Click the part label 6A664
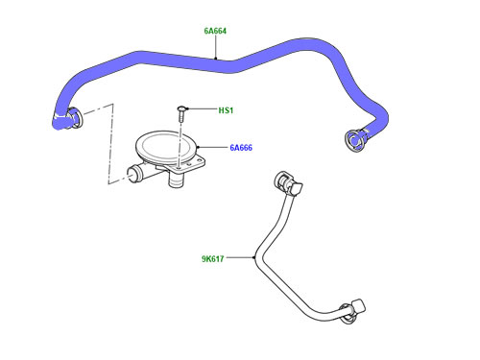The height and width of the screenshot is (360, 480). (x=215, y=31)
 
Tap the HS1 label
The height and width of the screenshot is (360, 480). (x=226, y=110)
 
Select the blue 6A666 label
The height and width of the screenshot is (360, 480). (x=241, y=148)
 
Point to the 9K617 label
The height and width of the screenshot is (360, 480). (x=212, y=258)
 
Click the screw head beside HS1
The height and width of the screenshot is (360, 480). (x=181, y=108)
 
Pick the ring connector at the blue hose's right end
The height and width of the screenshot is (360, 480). (x=353, y=140)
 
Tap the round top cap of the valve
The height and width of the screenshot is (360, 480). (x=165, y=146)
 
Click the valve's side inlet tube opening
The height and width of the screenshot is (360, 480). (x=132, y=172)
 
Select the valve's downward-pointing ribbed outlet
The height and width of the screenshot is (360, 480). (x=176, y=181)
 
